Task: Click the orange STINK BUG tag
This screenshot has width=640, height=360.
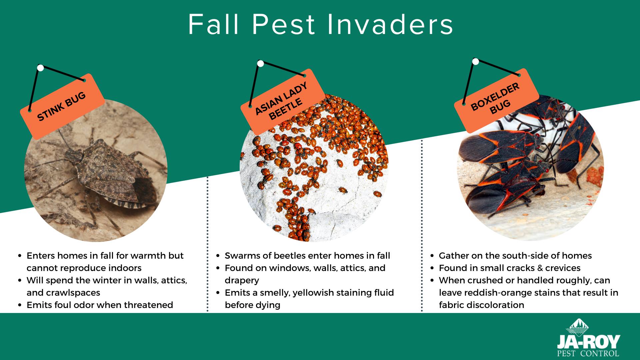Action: point(62,106)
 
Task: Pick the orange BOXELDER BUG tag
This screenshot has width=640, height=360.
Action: point(496,101)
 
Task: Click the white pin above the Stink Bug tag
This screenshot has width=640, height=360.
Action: point(40,68)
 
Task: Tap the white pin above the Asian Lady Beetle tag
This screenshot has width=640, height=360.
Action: point(261,63)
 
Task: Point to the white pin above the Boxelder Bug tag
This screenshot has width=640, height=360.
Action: point(476,61)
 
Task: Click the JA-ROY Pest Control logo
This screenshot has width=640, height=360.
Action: point(588,337)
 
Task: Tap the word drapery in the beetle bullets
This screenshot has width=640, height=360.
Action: point(242,281)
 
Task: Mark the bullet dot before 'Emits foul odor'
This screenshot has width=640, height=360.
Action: point(20,305)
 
